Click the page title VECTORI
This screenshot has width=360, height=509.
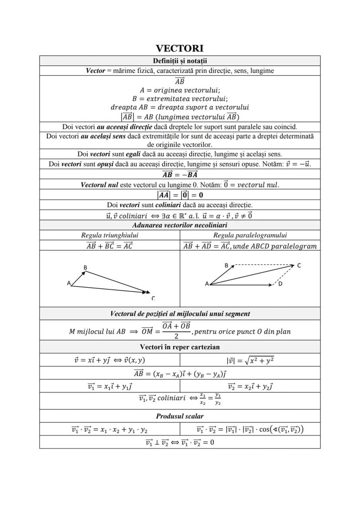click(180, 48)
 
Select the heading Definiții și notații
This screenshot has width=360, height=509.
click(180, 60)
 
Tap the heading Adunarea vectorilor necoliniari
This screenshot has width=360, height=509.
click(180, 225)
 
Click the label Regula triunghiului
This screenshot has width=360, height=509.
click(110, 235)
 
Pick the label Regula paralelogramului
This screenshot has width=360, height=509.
click(250, 235)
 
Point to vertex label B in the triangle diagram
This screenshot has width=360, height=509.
click(85, 267)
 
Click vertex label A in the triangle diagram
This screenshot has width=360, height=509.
click(69, 283)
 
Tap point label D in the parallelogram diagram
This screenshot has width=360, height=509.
click(280, 284)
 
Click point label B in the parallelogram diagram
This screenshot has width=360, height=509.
click(227, 265)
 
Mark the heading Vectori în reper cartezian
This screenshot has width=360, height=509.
click(180, 347)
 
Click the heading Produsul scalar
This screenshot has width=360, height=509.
click(180, 416)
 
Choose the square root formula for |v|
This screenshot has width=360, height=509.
click(250, 360)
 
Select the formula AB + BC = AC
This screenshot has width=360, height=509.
click(110, 246)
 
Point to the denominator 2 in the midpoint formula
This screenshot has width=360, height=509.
click(176, 336)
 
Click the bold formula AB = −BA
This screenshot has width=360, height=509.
click(180, 174)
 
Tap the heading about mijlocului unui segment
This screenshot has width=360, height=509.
click(180, 313)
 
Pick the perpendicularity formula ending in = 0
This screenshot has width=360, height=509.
click(180, 442)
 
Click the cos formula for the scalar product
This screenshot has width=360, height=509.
click(250, 429)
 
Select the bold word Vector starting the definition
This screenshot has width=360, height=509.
click(95, 71)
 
